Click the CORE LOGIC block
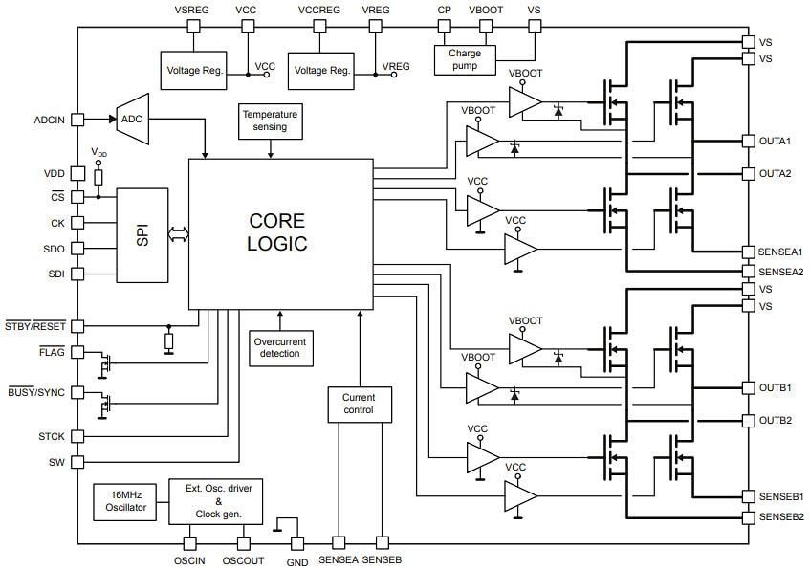pyautogui.click(x=279, y=233)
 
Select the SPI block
pyautogui.click(x=142, y=235)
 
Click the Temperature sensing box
pyautogui.click(x=271, y=121)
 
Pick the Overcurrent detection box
pyautogui.click(x=279, y=347)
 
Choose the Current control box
pyautogui.click(x=359, y=405)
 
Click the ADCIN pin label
pyautogui.click(x=49, y=121)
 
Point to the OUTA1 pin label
pyautogui.click(x=775, y=142)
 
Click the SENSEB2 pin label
pyautogui.click(x=781, y=517)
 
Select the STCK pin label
pyautogui.click(x=52, y=437)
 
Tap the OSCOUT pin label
pyautogui.click(x=243, y=561)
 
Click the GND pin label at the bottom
pyautogui.click(x=297, y=562)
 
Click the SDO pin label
pyautogui.click(x=53, y=248)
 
